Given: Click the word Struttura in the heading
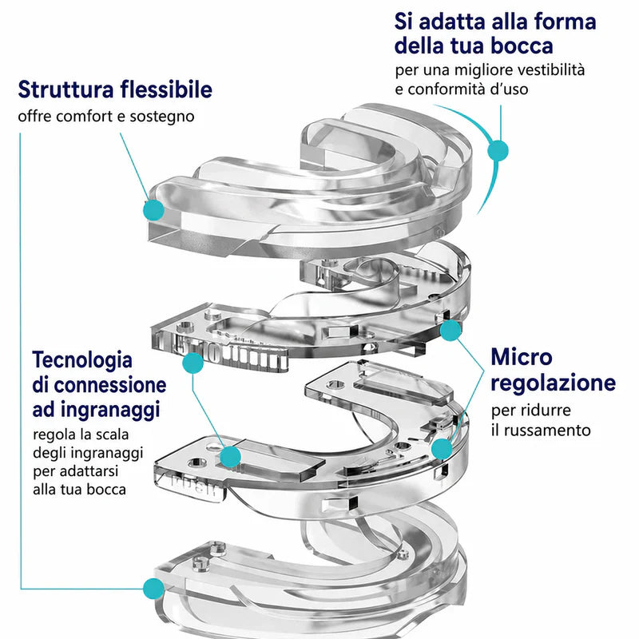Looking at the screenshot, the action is point(65,89).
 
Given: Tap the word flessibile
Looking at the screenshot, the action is point(166,89).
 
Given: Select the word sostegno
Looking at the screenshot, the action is point(162,117).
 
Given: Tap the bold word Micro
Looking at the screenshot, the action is point(522,357).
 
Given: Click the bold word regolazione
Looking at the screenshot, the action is point(553,383).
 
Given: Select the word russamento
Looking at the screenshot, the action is point(547,431).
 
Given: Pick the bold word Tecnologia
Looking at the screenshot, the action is point(82,361).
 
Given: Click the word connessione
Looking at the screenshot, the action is point(110,385).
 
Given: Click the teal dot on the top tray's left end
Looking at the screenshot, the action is point(153,210).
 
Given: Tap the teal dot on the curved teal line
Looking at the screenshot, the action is point(498,150).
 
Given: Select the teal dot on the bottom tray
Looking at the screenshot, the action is point(153,589).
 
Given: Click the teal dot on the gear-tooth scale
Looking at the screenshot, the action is point(192,363).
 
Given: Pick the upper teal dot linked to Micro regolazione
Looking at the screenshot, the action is point(450,330).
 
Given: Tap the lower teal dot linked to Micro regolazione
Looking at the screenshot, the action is point(442,449).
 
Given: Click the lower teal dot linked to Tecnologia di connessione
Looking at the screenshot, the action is point(231,456).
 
